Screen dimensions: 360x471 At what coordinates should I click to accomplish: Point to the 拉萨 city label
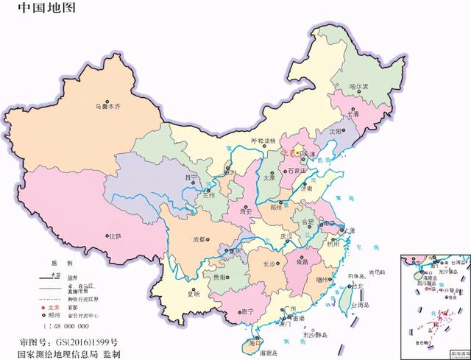tap(115, 236)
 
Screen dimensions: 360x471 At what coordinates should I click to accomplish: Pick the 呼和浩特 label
tap(263, 141)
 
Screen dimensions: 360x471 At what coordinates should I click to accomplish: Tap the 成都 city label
tap(199, 239)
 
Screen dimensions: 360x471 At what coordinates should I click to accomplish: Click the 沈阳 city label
tap(336, 130)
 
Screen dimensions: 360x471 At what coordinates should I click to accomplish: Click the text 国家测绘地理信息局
tap(65, 353)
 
